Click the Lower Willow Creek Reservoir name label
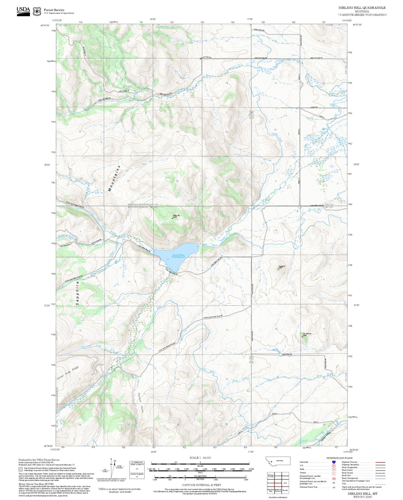click(178, 256)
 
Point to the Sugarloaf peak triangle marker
click(278, 269)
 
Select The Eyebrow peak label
click(307, 334)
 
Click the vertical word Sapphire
click(78, 293)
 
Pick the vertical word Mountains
click(114, 178)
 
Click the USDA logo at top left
click(23, 11)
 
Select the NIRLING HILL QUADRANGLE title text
click(362, 8)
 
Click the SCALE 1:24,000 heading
click(200, 458)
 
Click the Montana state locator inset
click(278, 461)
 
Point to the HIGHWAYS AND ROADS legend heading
click(339, 458)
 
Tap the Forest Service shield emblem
click(37, 11)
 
